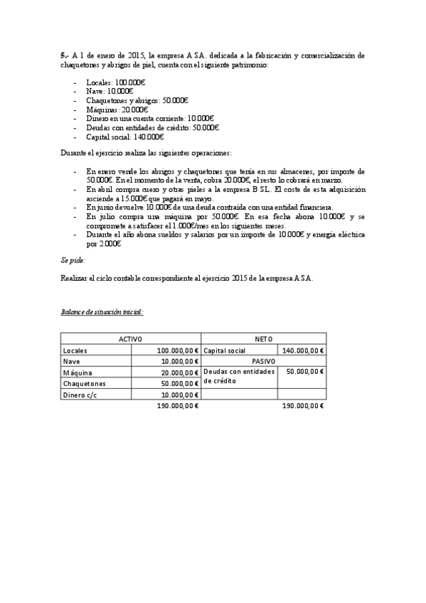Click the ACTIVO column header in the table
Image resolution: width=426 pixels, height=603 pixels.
click(130, 339)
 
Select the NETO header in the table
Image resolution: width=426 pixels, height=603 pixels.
click(263, 339)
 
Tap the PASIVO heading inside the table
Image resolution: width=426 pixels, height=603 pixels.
click(263, 361)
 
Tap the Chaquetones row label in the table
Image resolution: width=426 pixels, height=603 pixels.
click(84, 383)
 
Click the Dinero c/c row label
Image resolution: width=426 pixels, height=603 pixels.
click(80, 395)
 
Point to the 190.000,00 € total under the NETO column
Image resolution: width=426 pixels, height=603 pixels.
click(303, 406)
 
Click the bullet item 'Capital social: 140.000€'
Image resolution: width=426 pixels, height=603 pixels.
click(124, 137)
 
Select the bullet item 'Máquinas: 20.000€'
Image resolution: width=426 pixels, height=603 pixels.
click(117, 110)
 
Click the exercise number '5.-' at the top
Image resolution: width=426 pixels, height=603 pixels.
click(65, 55)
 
